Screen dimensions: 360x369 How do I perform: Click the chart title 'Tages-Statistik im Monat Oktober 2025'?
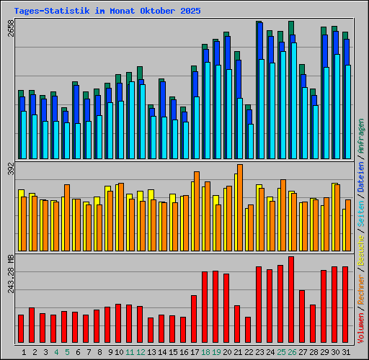click(x=107, y=12)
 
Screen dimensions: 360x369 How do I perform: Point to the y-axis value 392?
click(x=9, y=169)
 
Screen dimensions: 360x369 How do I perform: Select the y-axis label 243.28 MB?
click(x=9, y=272)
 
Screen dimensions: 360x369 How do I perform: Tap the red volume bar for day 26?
click(x=291, y=300)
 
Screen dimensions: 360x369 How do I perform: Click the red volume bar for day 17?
click(x=194, y=319)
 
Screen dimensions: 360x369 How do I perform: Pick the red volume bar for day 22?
click(x=248, y=330)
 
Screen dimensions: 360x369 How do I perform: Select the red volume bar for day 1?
click(x=21, y=328)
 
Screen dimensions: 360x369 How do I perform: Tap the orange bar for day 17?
click(x=197, y=210)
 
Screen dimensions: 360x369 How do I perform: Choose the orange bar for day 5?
click(x=67, y=217)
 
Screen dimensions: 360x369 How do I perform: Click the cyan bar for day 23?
click(x=262, y=109)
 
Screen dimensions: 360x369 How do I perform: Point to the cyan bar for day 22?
click(x=251, y=141)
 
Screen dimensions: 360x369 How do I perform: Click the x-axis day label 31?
click(x=346, y=352)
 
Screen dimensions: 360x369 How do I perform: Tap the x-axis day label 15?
click(x=173, y=352)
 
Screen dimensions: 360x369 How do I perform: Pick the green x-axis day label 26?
click(x=292, y=352)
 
